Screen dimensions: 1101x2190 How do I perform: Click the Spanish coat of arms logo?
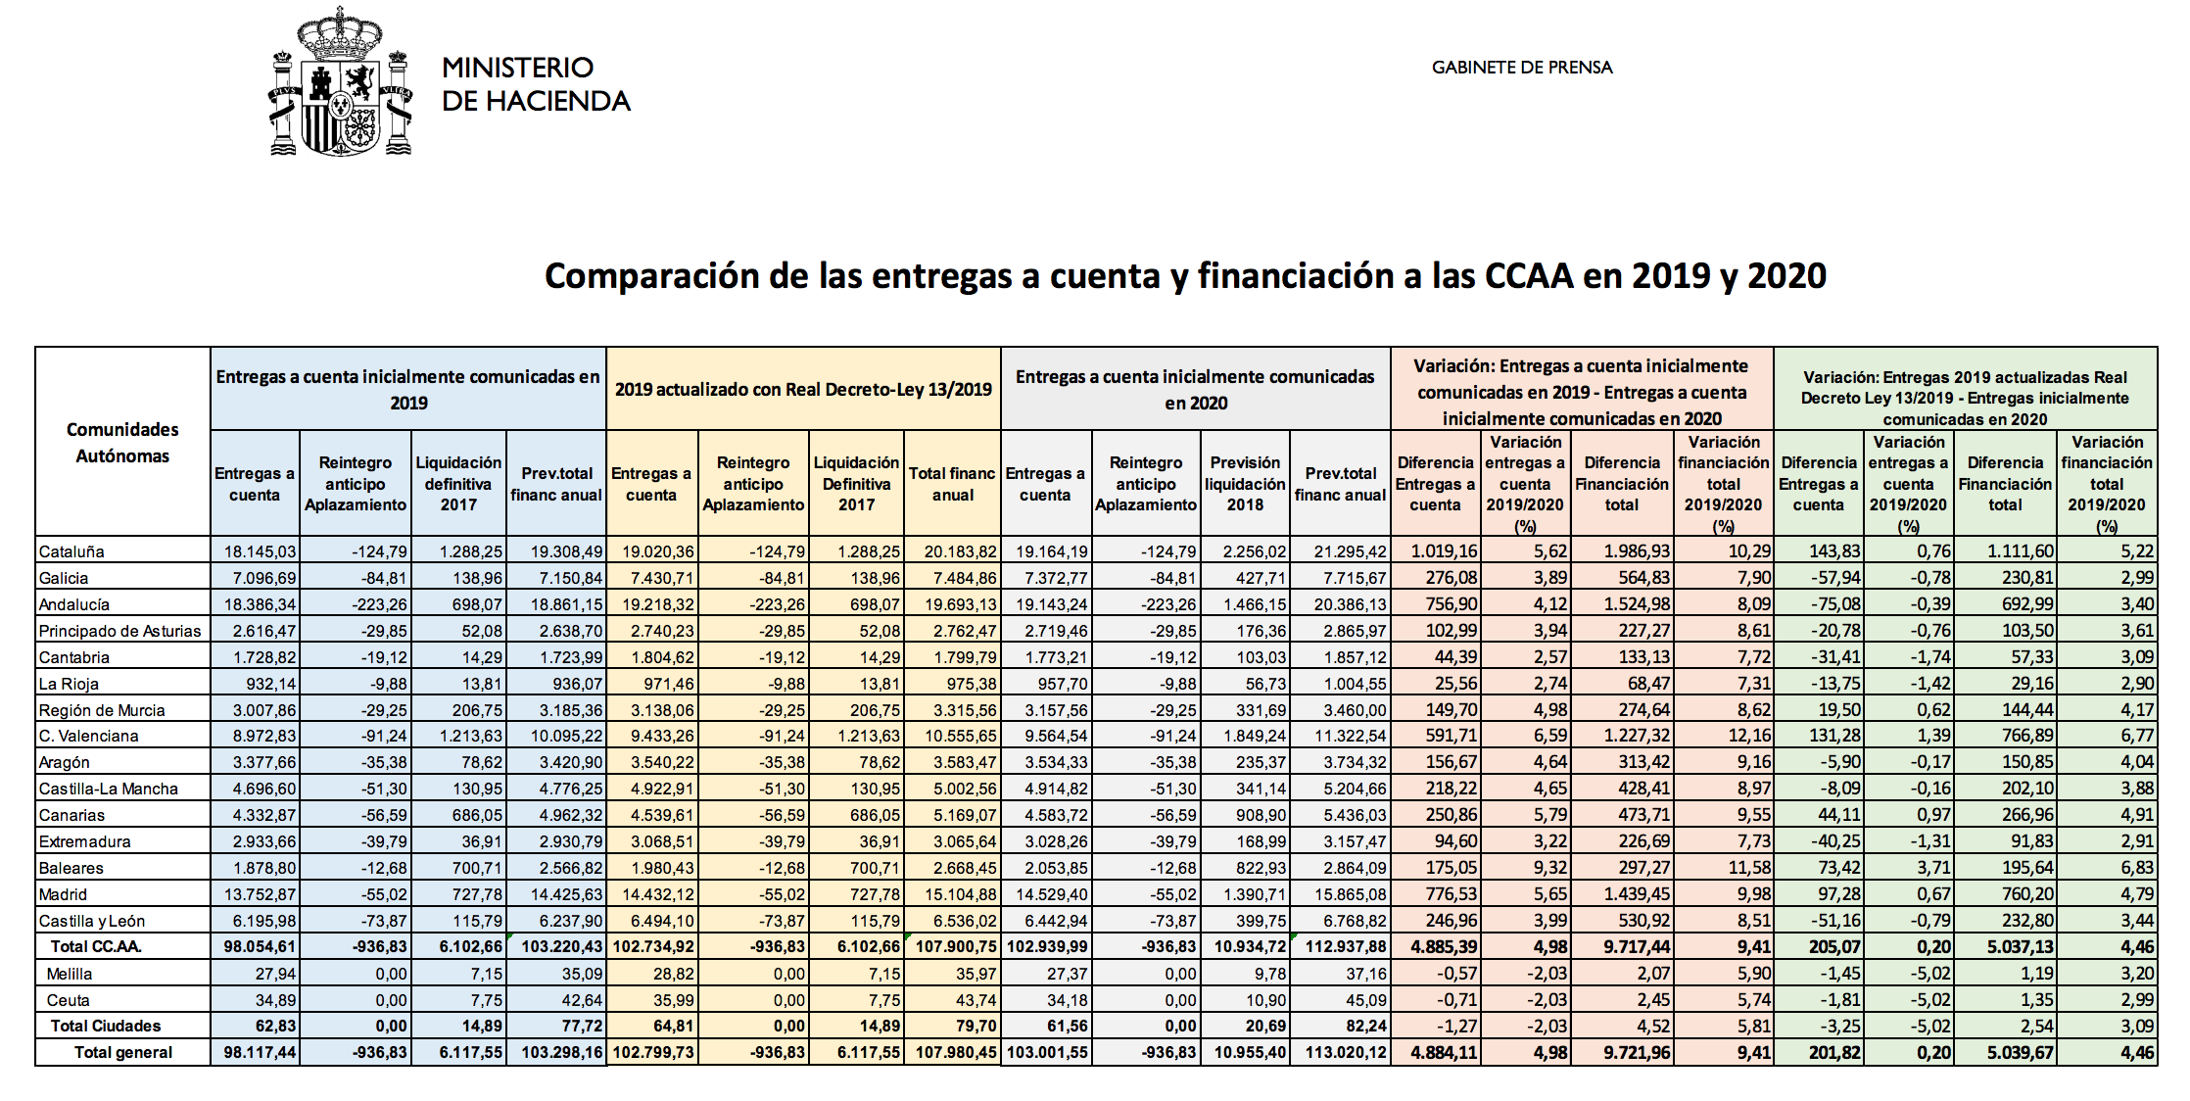click(x=340, y=82)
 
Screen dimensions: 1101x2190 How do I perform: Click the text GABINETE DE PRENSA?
click(x=1521, y=68)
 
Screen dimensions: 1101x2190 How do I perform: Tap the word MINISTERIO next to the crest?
click(x=517, y=68)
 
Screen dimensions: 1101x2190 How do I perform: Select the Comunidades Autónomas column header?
click(x=122, y=443)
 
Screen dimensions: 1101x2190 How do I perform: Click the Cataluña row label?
click(x=71, y=551)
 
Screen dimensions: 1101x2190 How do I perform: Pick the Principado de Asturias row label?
click(x=119, y=631)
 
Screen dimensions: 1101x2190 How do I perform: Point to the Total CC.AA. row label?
click(x=96, y=946)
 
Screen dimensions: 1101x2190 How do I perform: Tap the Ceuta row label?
click(x=68, y=1000)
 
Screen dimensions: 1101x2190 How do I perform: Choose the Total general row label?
click(x=123, y=1052)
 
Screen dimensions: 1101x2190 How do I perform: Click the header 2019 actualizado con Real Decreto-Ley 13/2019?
click(x=803, y=389)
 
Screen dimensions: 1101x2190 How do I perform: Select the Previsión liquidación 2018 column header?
click(x=1245, y=484)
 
